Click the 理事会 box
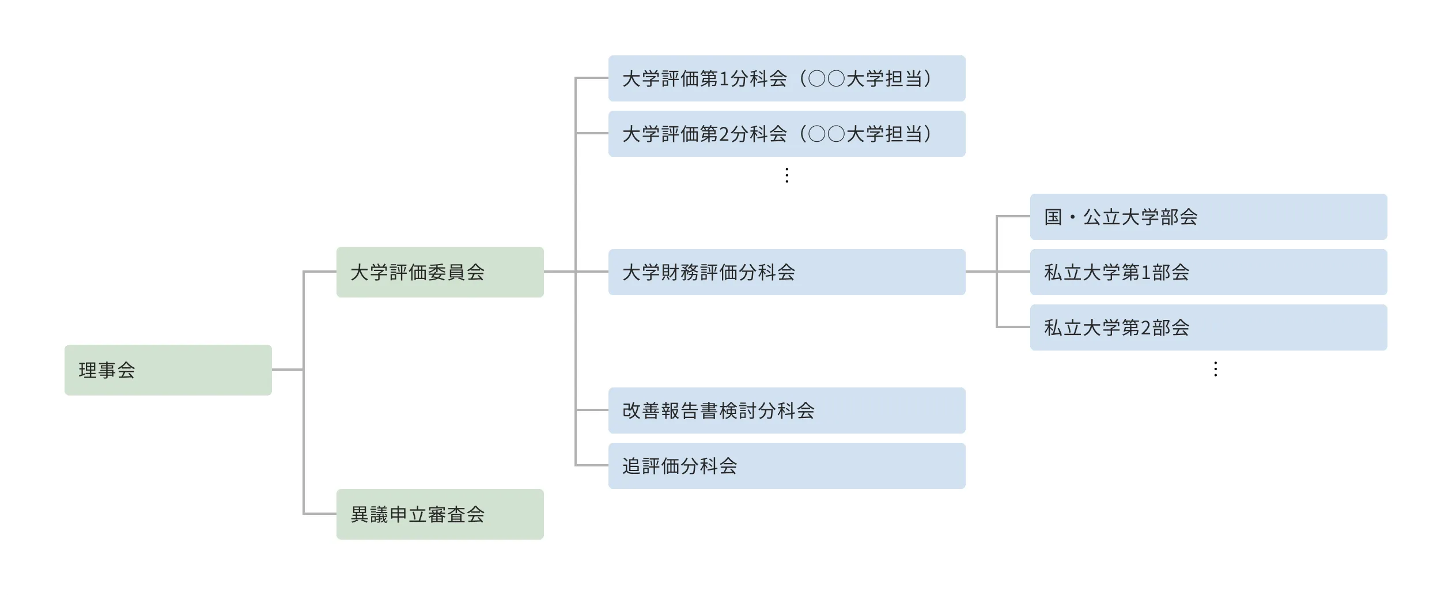pyautogui.click(x=168, y=370)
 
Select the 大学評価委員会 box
pyautogui.click(x=440, y=272)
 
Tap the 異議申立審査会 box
pyautogui.click(x=440, y=514)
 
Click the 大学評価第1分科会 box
pyautogui.click(x=786, y=78)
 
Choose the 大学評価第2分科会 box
pyautogui.click(x=786, y=134)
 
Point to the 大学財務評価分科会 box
pyautogui.click(x=786, y=272)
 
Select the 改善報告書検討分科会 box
pyautogui.click(x=786, y=411)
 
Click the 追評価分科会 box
pyautogui.click(x=786, y=466)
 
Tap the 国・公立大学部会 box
pyautogui.click(x=1208, y=217)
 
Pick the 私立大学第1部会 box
pyautogui.click(x=1208, y=272)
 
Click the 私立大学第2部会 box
pyautogui.click(x=1208, y=327)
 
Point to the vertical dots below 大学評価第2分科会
pyautogui.click(x=787, y=175)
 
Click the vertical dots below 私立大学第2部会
pyautogui.click(x=1216, y=369)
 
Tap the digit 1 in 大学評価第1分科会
pyautogui.click(x=724, y=79)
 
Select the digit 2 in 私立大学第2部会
pyautogui.click(x=1146, y=328)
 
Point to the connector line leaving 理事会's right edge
pyautogui.click(x=287, y=370)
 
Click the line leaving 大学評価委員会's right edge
pyautogui.click(x=559, y=272)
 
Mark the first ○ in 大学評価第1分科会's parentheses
pyautogui.click(x=817, y=79)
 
